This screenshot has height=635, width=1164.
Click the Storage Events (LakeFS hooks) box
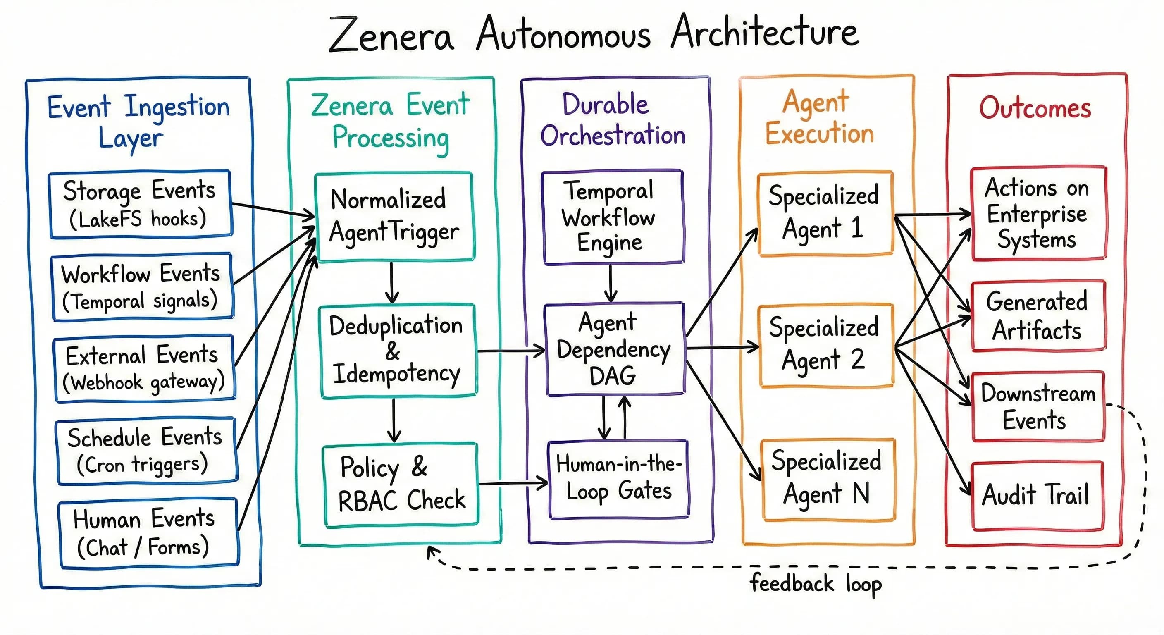(140, 204)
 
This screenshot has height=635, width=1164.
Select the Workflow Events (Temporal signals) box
(142, 287)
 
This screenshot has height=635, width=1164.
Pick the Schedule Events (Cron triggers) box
(146, 451)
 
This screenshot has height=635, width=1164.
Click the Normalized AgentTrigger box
(394, 217)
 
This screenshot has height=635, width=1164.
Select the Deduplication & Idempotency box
(398, 351)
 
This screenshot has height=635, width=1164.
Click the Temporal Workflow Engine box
(612, 217)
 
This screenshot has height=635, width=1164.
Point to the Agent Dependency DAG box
(615, 349)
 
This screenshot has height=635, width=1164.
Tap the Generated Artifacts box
(1038, 316)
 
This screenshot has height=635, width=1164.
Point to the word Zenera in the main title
(391, 35)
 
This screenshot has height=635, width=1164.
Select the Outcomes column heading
(1035, 108)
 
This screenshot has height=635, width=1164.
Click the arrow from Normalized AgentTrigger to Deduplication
(392, 282)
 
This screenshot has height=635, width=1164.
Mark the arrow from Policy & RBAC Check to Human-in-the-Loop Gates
(513, 484)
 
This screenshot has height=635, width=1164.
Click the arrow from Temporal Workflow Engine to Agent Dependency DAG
(611, 282)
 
